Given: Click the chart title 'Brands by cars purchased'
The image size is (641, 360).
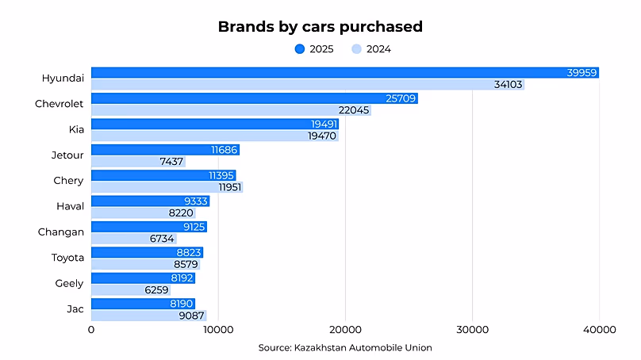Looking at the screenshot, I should (x=320, y=26).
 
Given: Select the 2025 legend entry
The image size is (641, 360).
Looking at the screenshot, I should (x=314, y=49).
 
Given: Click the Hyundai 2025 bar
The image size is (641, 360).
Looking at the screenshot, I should (x=344, y=73).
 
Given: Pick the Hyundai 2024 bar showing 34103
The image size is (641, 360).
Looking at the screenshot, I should (x=307, y=84).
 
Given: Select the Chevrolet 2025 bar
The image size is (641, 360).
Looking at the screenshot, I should (x=254, y=98).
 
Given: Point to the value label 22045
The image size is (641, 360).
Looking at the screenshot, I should (x=354, y=110).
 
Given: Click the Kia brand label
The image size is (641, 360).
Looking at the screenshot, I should (x=76, y=129).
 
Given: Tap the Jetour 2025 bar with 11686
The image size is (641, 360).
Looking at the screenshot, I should (x=165, y=150).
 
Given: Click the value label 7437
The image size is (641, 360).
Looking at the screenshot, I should (x=171, y=162).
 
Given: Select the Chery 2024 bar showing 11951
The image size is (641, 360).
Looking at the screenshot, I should (x=167, y=187).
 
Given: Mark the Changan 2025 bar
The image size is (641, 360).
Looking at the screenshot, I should (x=149, y=227).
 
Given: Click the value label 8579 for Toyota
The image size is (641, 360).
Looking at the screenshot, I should (x=186, y=264).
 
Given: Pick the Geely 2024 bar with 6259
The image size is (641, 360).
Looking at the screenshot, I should (x=131, y=290).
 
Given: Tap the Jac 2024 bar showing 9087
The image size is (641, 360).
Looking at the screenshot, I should (x=148, y=316).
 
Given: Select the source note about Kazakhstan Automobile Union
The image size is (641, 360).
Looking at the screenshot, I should (x=344, y=347).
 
